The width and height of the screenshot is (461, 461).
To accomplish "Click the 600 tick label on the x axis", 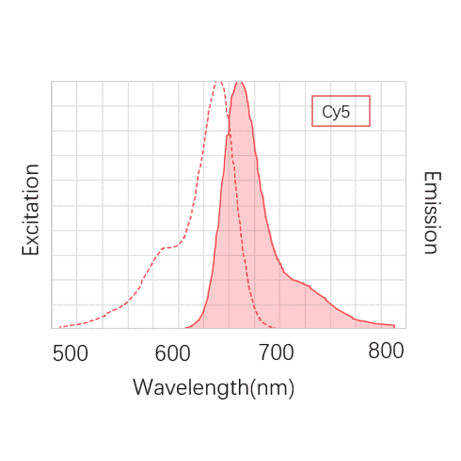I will pyautogui.click(x=173, y=353).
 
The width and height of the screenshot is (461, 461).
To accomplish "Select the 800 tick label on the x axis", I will pyautogui.click(x=386, y=352).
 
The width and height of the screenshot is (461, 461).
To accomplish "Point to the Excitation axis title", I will pyautogui.click(x=31, y=209).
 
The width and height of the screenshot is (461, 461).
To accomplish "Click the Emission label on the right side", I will pyautogui.click(x=431, y=212).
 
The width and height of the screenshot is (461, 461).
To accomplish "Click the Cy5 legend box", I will pyautogui.click(x=340, y=111).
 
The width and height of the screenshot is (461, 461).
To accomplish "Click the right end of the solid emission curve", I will pyautogui.click(x=395, y=326).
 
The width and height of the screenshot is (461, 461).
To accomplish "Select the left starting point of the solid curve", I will pyautogui.click(x=186, y=328).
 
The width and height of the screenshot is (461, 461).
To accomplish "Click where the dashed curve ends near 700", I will pyautogui.click(x=275, y=328).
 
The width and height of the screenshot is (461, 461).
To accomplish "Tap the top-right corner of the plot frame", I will pyautogui.click(x=405, y=81).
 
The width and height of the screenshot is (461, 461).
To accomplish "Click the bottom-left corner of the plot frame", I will pyautogui.click(x=52, y=328).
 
